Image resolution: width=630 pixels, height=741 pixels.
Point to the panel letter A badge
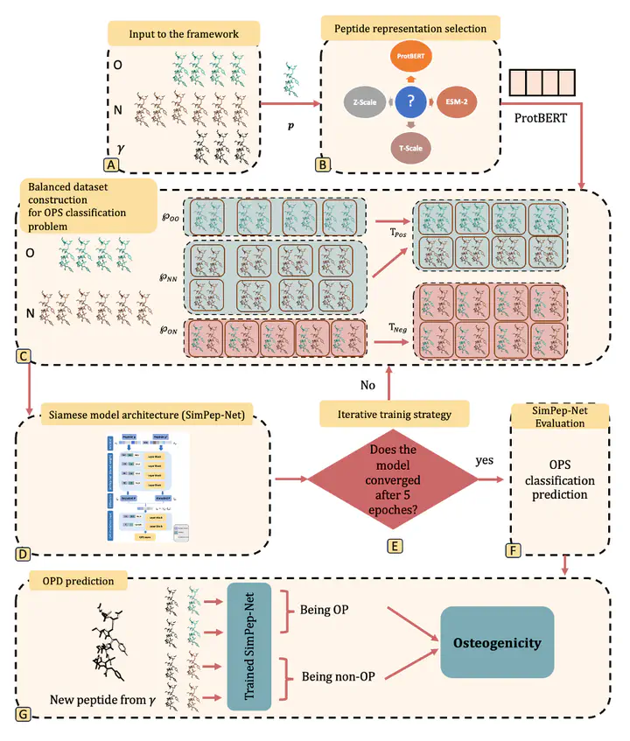pos(112,164)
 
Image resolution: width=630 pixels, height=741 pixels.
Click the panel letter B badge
pos(323,164)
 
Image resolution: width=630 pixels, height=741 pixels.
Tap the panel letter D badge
pos(24,553)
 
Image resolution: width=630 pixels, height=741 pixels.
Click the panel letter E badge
pos(395,545)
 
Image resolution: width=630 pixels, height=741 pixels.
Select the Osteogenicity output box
pos(497,643)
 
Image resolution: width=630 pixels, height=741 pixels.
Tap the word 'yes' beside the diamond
pos(486,458)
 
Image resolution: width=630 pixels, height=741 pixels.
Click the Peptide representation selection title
pos(410,28)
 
